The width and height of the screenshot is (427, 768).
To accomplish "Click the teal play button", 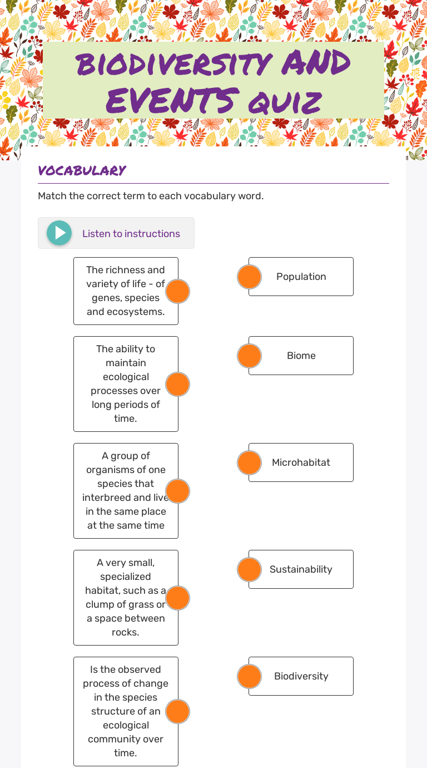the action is point(59,233).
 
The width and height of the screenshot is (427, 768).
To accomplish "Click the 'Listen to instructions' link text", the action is point(131,234).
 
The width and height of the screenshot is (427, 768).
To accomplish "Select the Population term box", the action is point(301,277).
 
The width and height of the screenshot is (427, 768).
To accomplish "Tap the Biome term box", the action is point(301,356).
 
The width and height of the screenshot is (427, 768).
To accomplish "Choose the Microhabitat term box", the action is point(301,462).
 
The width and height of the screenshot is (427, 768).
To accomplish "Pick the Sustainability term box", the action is point(301,569).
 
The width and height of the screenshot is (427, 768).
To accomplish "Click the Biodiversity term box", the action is point(301,676).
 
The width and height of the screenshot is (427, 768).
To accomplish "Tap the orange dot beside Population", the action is point(249,277).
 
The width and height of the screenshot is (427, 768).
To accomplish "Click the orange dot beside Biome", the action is point(249,356).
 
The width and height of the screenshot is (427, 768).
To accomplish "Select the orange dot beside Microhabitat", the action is point(249,462).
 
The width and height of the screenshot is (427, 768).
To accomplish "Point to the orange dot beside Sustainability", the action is point(249,569).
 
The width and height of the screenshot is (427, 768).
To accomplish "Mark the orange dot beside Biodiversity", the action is point(249,676).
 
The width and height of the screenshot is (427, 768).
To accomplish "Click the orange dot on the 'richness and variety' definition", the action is point(178,292).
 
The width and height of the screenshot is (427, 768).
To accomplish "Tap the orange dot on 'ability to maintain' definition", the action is point(178,384).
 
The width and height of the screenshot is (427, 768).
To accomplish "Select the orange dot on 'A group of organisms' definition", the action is point(178,491).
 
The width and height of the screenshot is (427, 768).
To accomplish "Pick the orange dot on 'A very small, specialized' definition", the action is point(178,598).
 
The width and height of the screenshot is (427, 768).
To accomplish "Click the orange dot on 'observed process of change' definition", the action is point(178,711).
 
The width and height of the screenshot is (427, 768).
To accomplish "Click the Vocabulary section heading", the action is point(82,170).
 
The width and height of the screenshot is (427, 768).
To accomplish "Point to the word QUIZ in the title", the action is point(285,102).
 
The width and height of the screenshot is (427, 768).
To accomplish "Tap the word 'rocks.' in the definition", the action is point(125,632).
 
